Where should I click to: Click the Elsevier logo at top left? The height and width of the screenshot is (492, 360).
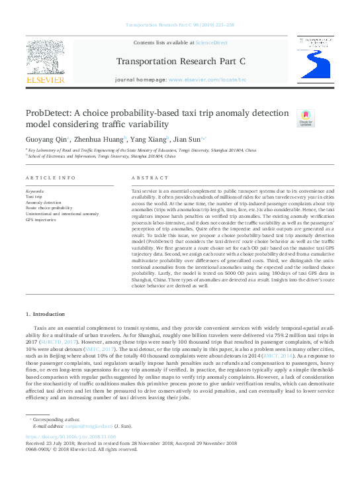44,65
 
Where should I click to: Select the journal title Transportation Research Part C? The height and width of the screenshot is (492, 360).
180,62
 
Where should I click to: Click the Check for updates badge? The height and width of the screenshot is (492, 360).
306,119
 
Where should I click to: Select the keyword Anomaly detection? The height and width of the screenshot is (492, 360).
44,203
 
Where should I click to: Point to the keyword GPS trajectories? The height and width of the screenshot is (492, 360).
42,219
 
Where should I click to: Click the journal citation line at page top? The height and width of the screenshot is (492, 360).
179,25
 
